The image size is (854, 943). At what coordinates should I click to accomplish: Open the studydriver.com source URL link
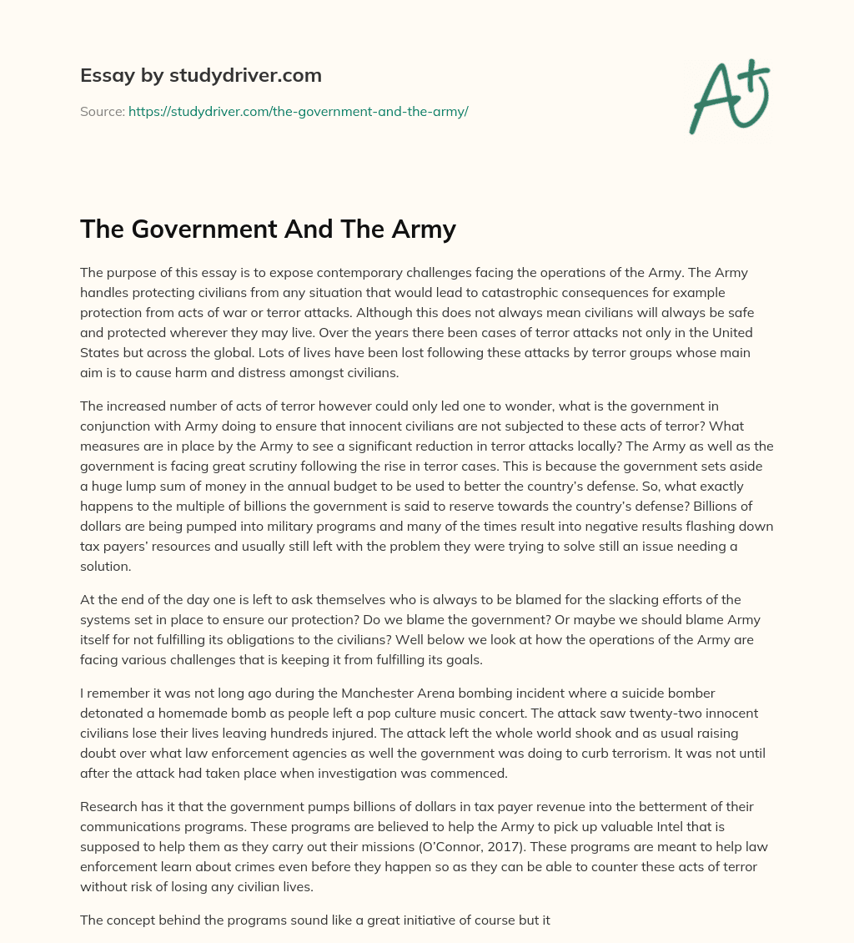[x=298, y=111]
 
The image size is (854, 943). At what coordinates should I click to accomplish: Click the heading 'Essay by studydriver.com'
[x=201, y=75]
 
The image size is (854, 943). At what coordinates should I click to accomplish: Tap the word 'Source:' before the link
[x=102, y=111]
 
